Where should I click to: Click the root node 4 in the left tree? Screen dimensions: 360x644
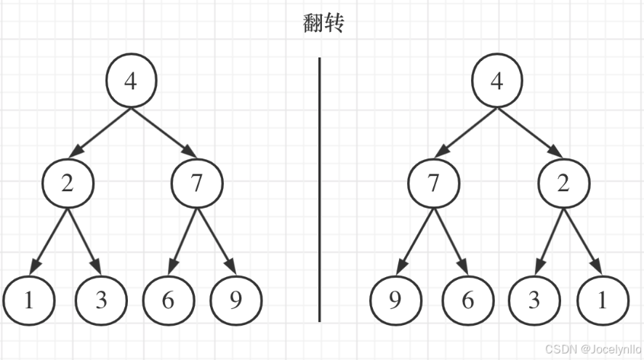(131, 81)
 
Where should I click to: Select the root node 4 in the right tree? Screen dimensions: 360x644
(497, 81)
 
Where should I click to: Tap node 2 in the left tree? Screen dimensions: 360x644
(68, 183)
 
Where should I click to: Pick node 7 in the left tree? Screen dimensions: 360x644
(196, 183)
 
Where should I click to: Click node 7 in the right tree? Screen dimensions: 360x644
(434, 183)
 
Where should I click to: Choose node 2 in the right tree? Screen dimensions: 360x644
(563, 183)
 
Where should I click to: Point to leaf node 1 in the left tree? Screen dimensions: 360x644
(29, 300)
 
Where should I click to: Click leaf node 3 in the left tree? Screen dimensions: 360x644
(101, 300)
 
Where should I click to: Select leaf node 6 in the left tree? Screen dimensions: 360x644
(169, 300)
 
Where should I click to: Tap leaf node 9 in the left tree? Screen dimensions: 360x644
(236, 300)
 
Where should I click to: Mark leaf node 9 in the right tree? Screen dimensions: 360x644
(395, 300)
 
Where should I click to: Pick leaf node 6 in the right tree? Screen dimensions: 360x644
(467, 300)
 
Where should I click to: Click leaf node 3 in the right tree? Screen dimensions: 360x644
(534, 300)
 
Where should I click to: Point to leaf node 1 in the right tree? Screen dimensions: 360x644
(603, 300)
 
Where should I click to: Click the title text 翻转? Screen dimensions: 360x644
(323, 23)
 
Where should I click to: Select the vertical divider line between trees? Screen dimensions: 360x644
(320, 189)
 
